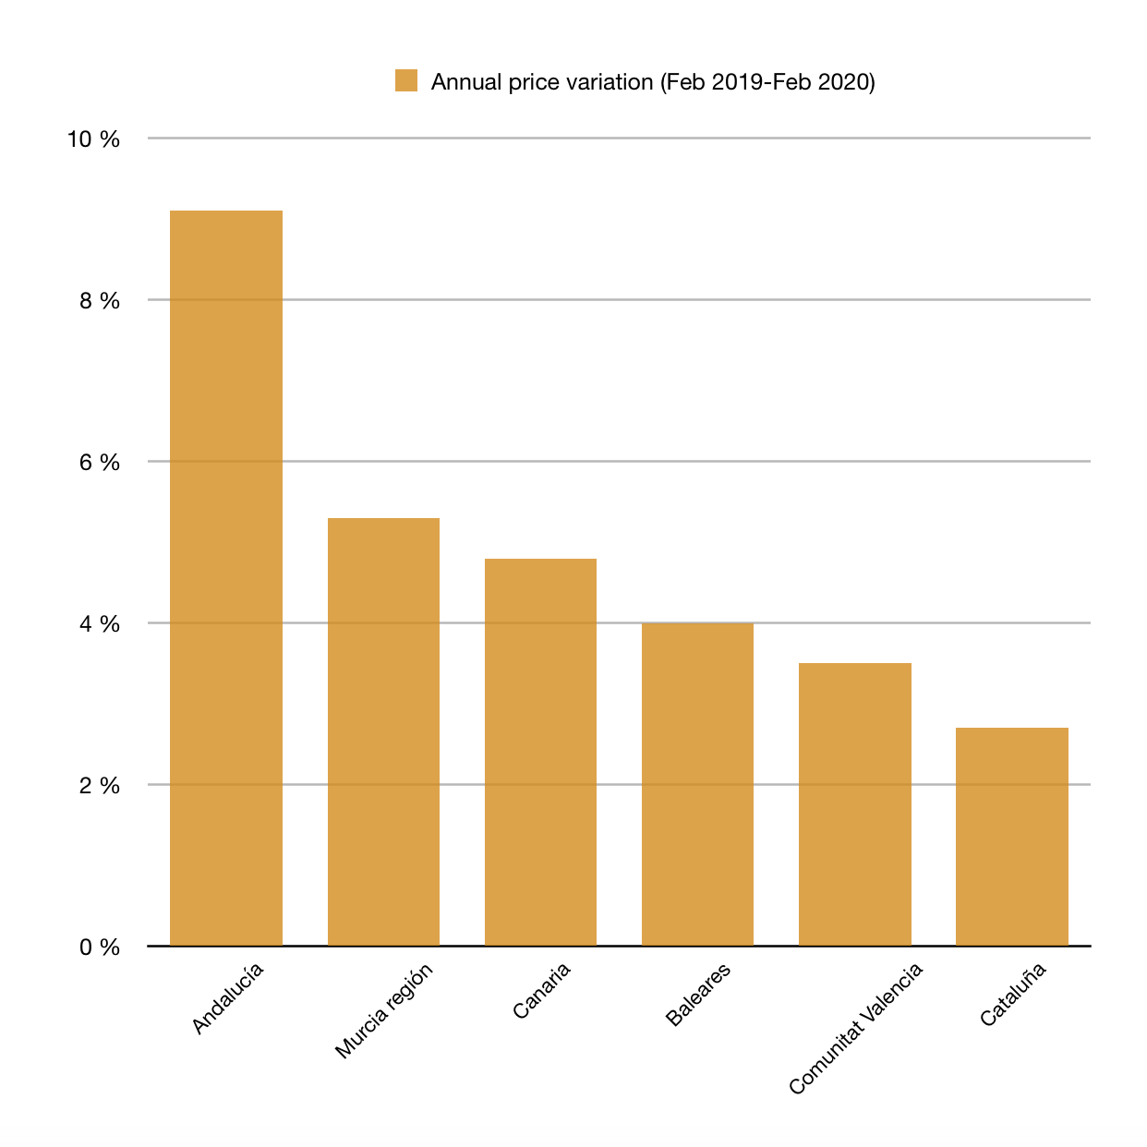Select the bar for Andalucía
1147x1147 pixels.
pos(226,577)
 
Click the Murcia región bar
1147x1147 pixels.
pos(383,731)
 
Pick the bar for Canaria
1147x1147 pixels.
pos(540,752)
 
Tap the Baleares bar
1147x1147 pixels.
pos(697,784)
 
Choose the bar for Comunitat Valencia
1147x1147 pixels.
pos(855,804)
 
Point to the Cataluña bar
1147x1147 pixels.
pos(1012,837)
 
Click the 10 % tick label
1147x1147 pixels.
pos(93,139)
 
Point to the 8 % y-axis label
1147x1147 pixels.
pos(100,301)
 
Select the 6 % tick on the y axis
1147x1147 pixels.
pos(100,463)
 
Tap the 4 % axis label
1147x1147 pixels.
pos(100,624)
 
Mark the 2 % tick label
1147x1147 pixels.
pos(100,786)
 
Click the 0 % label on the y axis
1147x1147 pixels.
pos(100,947)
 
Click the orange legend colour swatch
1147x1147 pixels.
pos(406,80)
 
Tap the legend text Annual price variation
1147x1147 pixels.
pos(542,82)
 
